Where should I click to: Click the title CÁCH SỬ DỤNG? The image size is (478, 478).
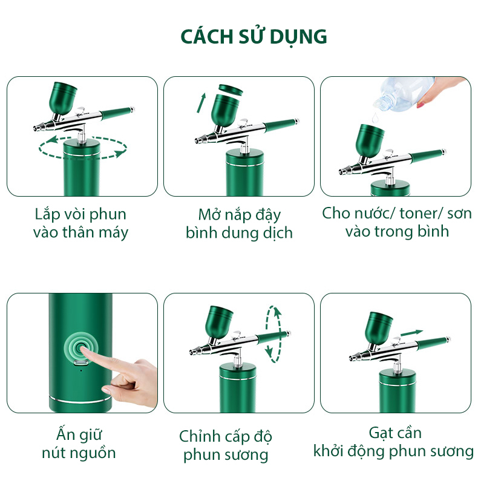click(254, 36)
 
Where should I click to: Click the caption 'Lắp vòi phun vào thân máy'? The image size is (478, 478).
click(81, 223)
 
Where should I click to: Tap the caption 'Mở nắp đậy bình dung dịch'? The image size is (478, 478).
click(240, 224)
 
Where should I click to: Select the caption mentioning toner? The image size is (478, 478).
click(396, 222)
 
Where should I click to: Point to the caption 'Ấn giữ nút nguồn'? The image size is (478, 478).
click(79, 444)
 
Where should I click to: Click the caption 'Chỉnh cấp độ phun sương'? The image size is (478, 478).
click(226, 446)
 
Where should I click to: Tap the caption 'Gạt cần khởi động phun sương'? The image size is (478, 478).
click(393, 442)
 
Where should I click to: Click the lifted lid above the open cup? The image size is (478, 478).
click(231, 90)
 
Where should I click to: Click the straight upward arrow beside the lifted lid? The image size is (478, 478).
click(201, 103)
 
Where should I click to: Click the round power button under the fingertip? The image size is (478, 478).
click(81, 348)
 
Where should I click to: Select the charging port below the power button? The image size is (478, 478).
click(81, 363)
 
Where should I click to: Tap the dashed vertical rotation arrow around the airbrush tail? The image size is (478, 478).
click(273, 334)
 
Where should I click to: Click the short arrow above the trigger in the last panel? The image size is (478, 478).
click(412, 333)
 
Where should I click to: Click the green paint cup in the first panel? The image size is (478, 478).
click(64, 98)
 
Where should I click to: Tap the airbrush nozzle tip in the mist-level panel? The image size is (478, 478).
click(192, 352)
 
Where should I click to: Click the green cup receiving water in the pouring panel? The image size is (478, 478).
click(370, 140)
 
